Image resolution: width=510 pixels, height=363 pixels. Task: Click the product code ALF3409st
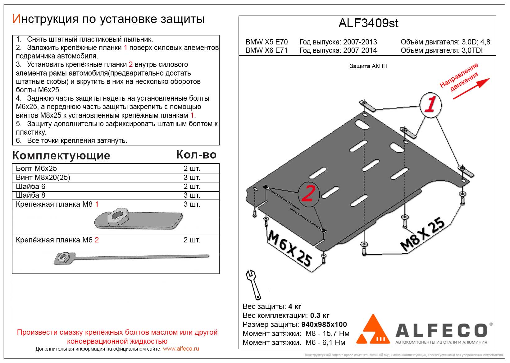coord(368,23)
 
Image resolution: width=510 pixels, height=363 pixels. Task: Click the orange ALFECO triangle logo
coord(373,330)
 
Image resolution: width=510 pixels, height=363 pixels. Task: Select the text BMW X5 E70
coord(266,42)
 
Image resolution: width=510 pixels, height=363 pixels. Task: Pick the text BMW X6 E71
coord(266,50)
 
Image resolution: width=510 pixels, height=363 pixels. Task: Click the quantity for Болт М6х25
coord(192,168)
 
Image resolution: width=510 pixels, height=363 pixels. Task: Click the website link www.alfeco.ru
coord(181,349)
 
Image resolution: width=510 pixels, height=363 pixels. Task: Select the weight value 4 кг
coord(294,306)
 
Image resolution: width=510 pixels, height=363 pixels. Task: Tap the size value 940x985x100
coord(324,324)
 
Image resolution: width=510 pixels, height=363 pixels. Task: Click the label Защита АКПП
coord(368,66)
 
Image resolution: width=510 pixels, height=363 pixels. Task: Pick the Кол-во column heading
coord(196,155)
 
